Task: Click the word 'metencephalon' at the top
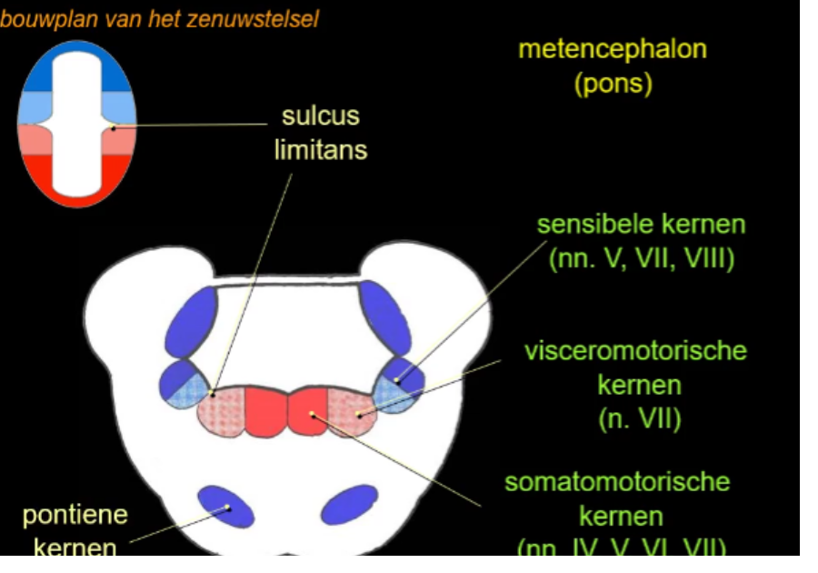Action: (x=612, y=49)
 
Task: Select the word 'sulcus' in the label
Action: (x=320, y=116)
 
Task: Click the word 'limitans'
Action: (x=320, y=150)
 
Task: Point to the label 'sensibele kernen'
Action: (x=641, y=225)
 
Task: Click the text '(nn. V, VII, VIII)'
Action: (x=641, y=260)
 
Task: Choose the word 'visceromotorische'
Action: (x=635, y=350)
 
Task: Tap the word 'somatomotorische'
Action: (x=617, y=481)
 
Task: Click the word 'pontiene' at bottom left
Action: (x=75, y=515)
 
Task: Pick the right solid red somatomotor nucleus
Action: (x=308, y=411)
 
